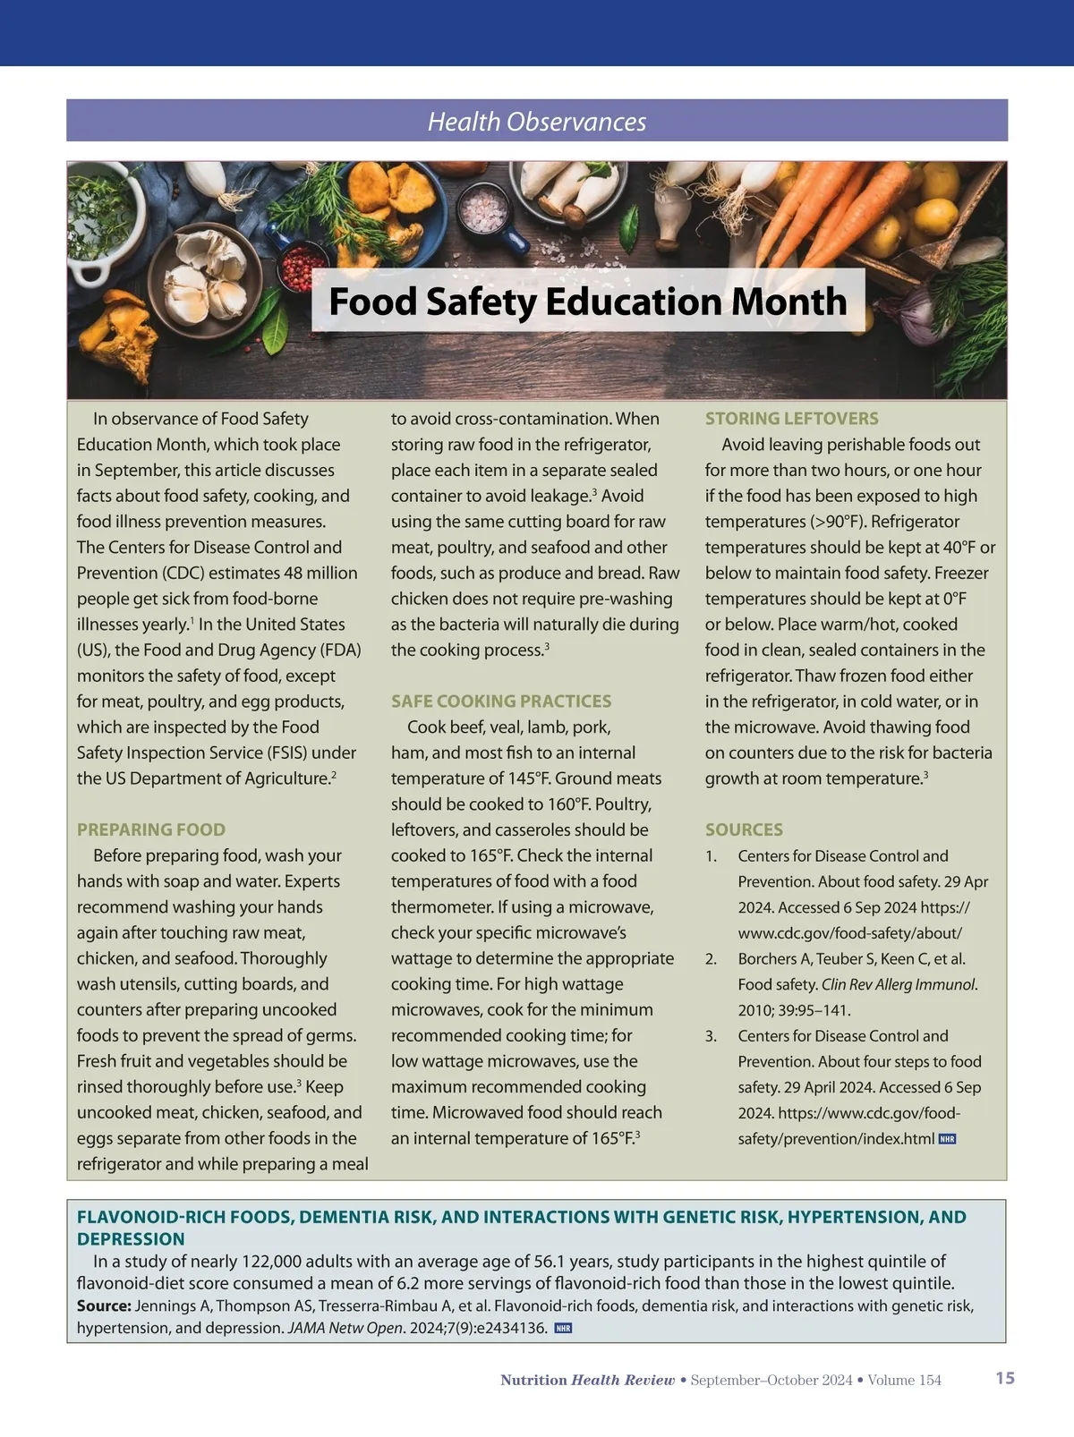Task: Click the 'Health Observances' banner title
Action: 537,122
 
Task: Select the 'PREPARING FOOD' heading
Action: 151,829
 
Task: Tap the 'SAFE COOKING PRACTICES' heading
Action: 501,701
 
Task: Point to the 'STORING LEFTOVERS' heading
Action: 791,419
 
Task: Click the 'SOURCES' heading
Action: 744,829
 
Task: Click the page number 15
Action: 1005,1378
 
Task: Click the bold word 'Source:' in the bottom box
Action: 104,1305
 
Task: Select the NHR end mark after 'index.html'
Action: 947,1139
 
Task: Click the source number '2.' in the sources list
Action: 711,959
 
